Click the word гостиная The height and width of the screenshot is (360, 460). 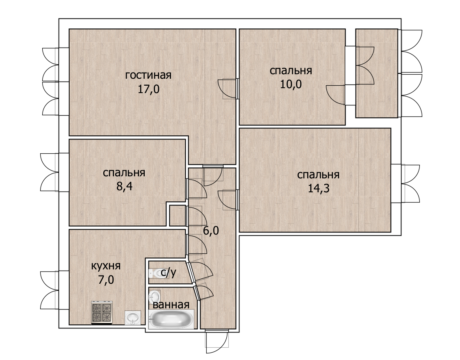coord(148,75)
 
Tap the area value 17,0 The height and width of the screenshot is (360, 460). coord(148,89)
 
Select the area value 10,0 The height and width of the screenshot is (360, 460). coord(291,84)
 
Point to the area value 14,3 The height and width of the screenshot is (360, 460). coord(319,188)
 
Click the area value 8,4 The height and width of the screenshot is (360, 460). coord(125,186)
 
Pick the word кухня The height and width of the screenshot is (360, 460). coord(106,266)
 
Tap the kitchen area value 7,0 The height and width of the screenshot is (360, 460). coord(106,280)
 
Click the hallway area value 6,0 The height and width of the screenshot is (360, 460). coord(211,231)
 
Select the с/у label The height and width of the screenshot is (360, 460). coord(169,273)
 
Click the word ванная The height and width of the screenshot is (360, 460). coord(171,305)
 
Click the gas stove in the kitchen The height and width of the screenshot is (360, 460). coord(102,313)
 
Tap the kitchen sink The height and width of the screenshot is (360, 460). coord(133,318)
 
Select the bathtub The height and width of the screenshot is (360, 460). coord(171,319)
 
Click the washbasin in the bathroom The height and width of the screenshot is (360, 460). coord(155,296)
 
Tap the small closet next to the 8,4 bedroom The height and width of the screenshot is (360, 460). coord(178,216)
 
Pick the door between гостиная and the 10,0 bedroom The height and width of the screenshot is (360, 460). coord(228,89)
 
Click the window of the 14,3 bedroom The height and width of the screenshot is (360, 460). coord(406,184)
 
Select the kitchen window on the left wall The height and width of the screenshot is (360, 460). coord(54,290)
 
